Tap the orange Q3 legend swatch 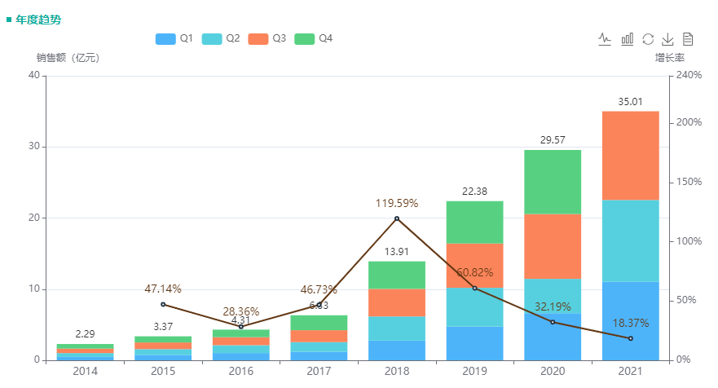tap(258, 38)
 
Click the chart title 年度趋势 tap(37, 19)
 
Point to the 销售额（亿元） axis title tap(67, 58)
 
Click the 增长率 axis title tap(669, 58)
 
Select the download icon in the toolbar tap(667, 38)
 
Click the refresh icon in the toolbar tap(648, 38)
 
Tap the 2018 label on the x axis tap(396, 372)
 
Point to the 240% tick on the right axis tap(689, 75)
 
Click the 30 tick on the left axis tap(33, 147)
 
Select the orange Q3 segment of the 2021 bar tap(630, 155)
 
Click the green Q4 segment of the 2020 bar tap(553, 182)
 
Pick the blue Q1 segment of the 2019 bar tap(474, 343)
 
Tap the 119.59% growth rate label tap(397, 203)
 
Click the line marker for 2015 tap(163, 304)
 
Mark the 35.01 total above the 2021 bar tap(630, 102)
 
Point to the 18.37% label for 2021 tap(630, 324)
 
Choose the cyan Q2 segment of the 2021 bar tap(630, 240)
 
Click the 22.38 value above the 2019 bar tap(474, 192)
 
